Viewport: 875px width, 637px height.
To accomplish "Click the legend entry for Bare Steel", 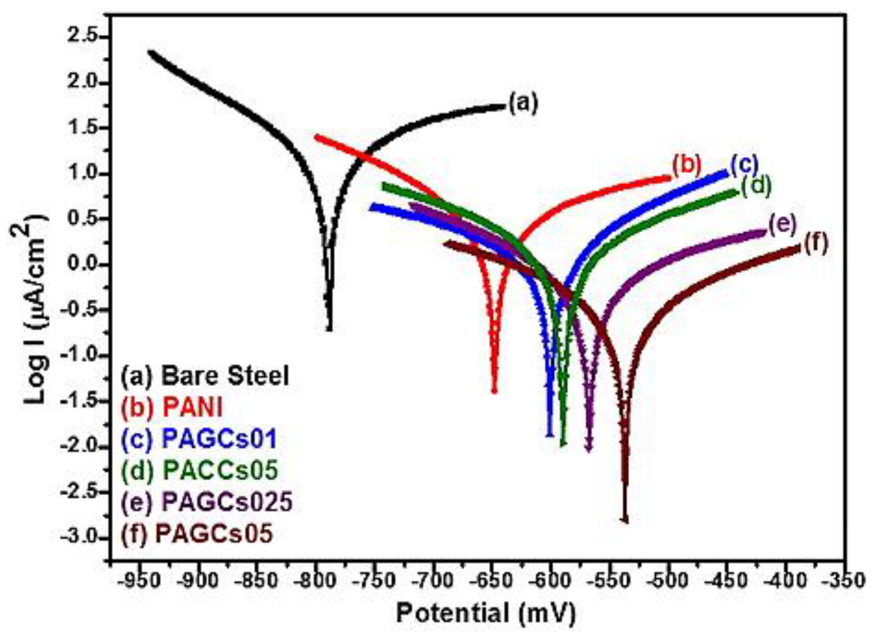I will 205,376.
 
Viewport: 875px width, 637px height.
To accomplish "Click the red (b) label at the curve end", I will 686,165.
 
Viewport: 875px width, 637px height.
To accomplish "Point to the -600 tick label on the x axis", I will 550,581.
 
